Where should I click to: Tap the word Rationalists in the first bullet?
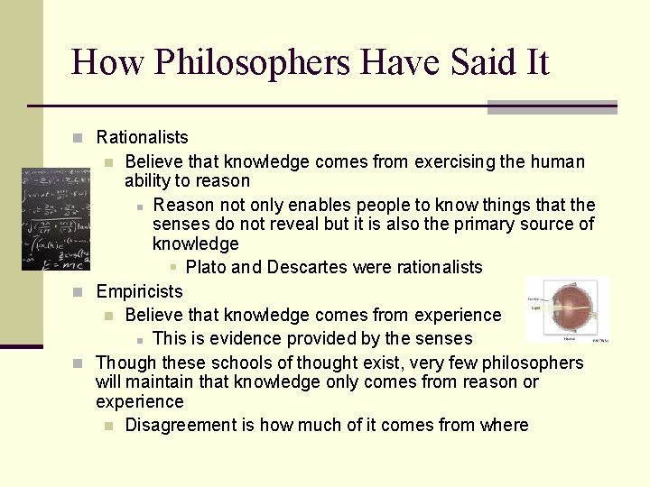pyautogui.click(x=142, y=138)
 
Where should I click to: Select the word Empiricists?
pyautogui.click(x=139, y=292)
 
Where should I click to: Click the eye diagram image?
pyautogui.click(x=567, y=311)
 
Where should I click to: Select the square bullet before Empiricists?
pyautogui.click(x=79, y=292)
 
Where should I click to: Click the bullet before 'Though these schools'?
pyautogui.click(x=79, y=363)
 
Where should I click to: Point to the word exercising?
pyautogui.click(x=454, y=162)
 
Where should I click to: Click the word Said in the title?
pyautogui.click(x=473, y=62)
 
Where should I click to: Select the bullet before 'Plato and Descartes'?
pyautogui.click(x=173, y=268)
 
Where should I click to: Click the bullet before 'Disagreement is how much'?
pyautogui.click(x=108, y=426)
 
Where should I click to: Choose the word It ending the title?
pyautogui.click(x=532, y=62)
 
